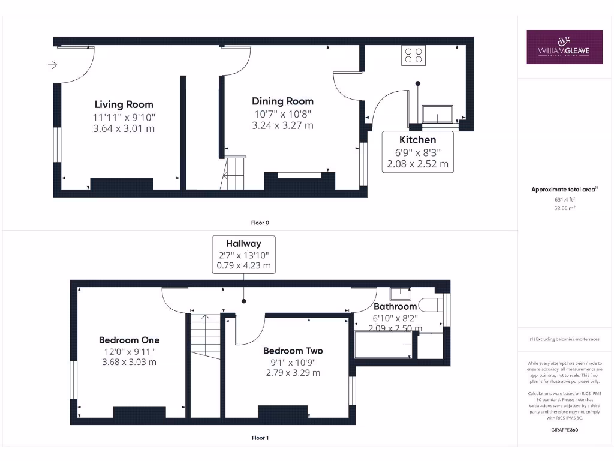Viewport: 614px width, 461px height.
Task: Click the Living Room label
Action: [124, 104]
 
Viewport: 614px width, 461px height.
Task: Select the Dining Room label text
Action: [282, 101]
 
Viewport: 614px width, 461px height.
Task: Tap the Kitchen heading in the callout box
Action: [417, 140]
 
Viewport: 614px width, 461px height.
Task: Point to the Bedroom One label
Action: [129, 340]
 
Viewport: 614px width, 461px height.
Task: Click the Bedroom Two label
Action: [293, 351]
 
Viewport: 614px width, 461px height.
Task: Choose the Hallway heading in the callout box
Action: [243, 243]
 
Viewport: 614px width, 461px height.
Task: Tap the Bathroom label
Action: [395, 306]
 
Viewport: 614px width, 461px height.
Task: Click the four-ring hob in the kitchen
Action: [413, 55]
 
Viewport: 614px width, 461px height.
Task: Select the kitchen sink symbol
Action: [438, 114]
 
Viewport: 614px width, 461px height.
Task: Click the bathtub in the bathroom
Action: [384, 346]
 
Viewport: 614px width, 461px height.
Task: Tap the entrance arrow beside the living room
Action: [53, 65]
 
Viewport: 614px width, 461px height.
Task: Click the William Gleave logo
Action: [564, 47]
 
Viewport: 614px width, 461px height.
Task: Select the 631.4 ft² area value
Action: [564, 199]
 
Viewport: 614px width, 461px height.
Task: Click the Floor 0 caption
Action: [260, 223]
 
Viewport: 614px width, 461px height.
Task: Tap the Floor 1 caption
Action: [260, 438]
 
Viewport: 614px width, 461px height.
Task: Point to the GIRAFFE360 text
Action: [564, 430]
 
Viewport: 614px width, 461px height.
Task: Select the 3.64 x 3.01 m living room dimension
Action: [124, 128]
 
